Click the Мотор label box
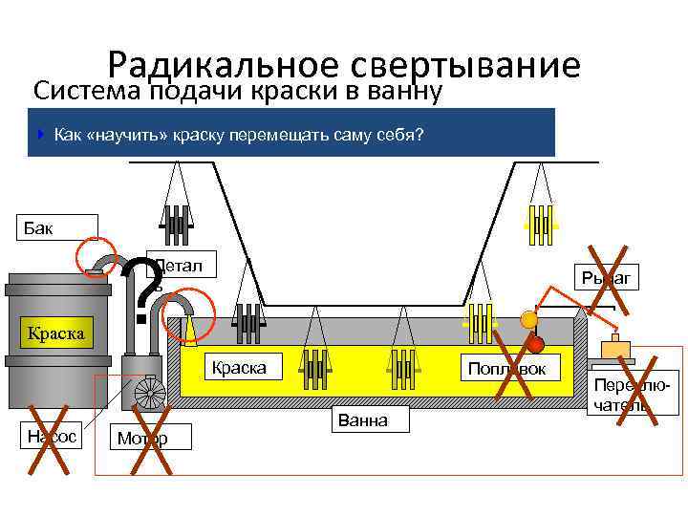point(151,438)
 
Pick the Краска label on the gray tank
point(55,333)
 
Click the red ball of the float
point(536,344)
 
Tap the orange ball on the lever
point(528,321)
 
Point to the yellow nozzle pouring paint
point(191,327)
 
